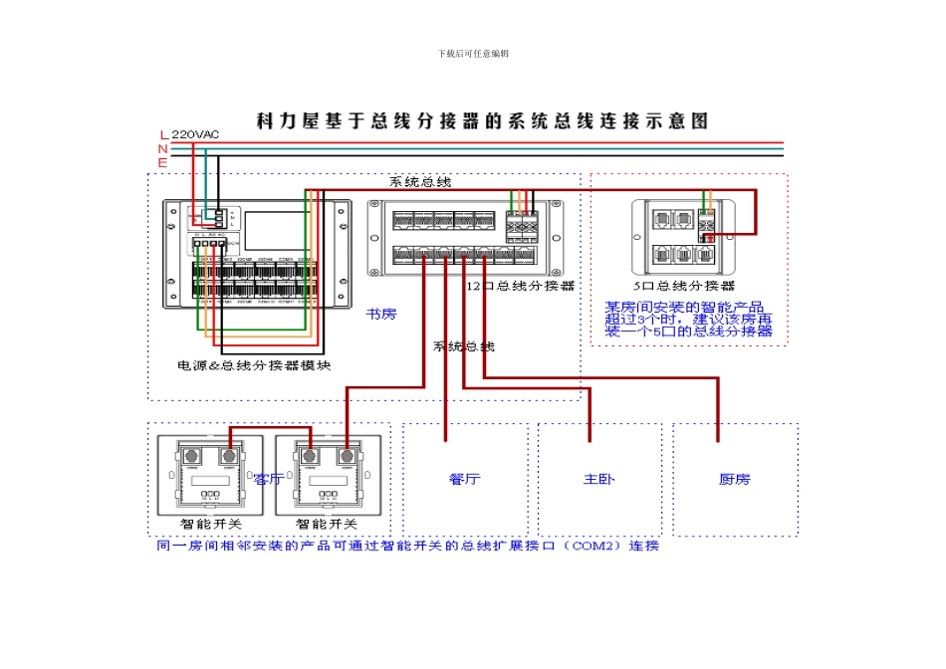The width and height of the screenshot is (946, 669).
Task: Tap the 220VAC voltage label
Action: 195,134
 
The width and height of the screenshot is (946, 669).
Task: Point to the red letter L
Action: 164,134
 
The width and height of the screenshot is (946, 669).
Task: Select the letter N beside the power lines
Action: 163,148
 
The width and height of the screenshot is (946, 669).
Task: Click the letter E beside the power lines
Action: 163,160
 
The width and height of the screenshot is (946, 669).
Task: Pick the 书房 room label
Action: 380,314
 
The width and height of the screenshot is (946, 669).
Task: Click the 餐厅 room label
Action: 464,479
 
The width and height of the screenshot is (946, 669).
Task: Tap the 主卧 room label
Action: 599,479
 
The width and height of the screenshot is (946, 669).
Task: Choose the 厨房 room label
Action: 735,479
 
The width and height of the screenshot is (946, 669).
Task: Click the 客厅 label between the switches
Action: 269,479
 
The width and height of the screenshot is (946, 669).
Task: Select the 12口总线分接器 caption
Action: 521,286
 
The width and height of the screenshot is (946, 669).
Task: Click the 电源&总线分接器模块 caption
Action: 254,365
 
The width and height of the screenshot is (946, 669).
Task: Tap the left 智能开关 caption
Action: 210,523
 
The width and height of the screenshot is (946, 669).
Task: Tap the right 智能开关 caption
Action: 326,523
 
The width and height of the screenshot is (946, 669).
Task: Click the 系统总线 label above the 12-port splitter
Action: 419,182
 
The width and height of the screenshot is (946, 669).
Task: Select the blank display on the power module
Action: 278,230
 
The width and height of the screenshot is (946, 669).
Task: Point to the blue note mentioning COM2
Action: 408,546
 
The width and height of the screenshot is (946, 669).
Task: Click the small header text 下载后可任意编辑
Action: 473,53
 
